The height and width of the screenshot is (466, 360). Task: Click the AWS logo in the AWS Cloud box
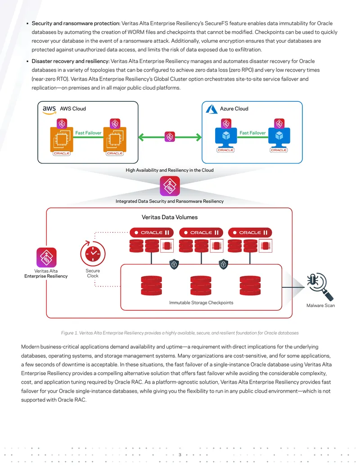click(49, 110)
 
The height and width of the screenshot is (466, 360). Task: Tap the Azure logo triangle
click(212, 109)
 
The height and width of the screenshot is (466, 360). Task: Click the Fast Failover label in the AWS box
click(88, 133)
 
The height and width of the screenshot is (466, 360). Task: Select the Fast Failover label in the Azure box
click(252, 133)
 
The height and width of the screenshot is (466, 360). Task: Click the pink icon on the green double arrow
click(170, 137)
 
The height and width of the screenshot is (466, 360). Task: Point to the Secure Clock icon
click(93, 253)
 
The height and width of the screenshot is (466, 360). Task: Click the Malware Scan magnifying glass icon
click(320, 286)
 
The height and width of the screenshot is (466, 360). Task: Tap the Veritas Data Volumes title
click(170, 217)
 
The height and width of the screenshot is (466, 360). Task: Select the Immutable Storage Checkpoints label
click(201, 303)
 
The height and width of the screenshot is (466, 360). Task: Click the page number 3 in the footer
click(180, 455)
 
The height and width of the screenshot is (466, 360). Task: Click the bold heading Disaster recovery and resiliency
click(71, 61)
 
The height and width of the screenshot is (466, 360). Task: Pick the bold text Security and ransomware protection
click(76, 23)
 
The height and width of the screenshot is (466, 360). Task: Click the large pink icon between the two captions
click(170, 186)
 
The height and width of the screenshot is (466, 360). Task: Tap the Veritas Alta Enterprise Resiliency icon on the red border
click(46, 258)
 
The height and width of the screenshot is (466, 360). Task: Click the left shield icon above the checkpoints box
click(174, 264)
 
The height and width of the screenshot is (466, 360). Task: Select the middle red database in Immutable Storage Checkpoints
click(201, 285)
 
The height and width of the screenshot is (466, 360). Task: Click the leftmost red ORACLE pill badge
click(152, 233)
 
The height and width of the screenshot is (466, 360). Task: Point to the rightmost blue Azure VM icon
click(279, 136)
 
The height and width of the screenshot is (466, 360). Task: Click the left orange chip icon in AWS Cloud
click(62, 139)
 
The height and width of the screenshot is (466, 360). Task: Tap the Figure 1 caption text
click(180, 333)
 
